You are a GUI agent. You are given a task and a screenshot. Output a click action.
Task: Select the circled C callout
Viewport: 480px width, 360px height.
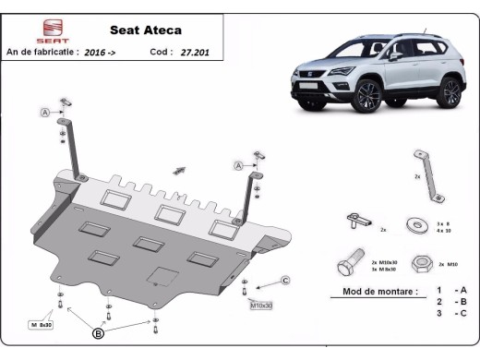(x=285, y=280)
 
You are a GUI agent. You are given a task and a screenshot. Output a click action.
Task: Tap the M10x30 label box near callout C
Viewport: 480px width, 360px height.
(x=262, y=304)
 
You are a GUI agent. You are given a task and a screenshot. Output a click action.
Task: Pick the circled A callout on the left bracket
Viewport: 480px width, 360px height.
(x=43, y=113)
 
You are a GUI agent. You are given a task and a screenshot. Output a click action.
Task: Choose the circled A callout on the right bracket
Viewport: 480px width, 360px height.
(x=237, y=165)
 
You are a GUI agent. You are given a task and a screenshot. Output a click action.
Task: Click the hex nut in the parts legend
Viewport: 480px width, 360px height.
(x=420, y=264)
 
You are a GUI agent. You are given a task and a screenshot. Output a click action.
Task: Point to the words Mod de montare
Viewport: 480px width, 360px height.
(x=373, y=291)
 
